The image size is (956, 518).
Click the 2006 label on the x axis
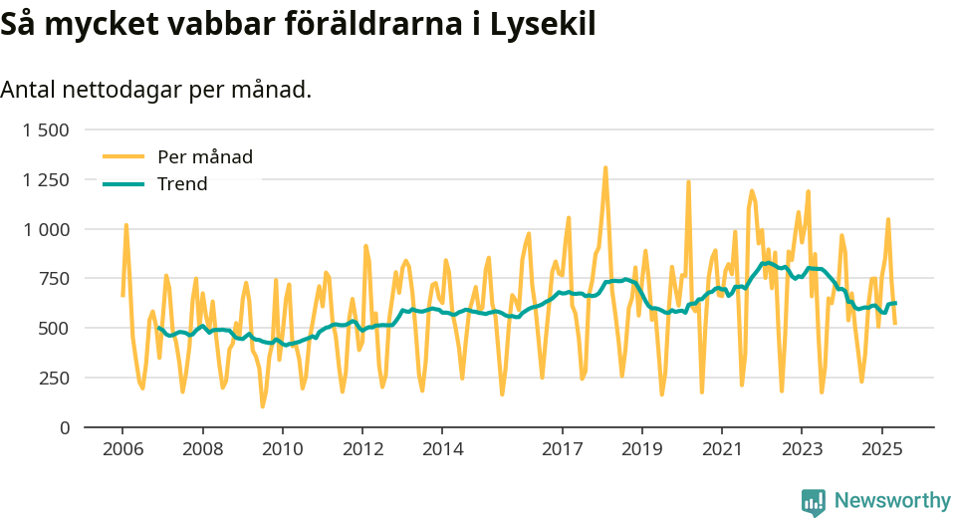click(x=121, y=448)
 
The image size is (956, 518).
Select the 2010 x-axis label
click(x=282, y=448)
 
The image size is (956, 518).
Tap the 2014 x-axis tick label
click(x=442, y=448)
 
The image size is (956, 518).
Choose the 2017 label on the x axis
click(x=562, y=448)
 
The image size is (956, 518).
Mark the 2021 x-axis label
click(x=722, y=448)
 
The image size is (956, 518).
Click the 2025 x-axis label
click(x=881, y=448)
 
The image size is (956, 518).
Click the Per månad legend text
click(x=205, y=156)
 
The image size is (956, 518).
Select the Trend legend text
click(x=182, y=184)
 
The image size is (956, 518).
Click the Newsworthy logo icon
click(x=814, y=501)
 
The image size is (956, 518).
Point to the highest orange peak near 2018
click(x=605, y=167)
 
